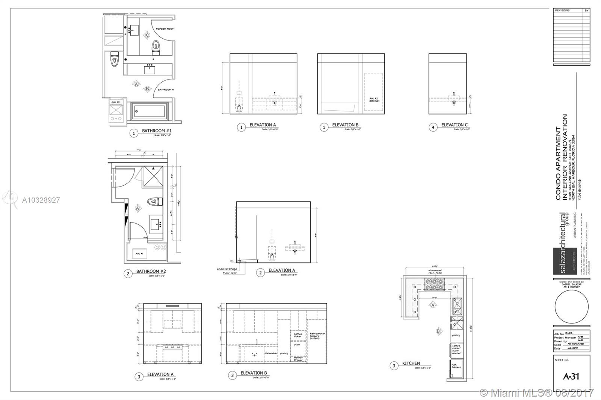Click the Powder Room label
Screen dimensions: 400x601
pyautogui.click(x=165, y=29)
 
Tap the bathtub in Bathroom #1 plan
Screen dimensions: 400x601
pyautogui.click(x=149, y=111)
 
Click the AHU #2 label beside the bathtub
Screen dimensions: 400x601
pyautogui.click(x=115, y=102)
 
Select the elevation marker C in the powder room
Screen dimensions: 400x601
pyautogui.click(x=148, y=35)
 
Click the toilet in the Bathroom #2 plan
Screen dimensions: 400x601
pyautogui.click(x=154, y=202)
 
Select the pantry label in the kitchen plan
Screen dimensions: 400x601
pyautogui.click(x=456, y=335)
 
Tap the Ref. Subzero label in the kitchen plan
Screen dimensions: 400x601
pyautogui.click(x=456, y=366)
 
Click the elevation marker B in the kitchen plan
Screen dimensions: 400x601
pyautogui.click(x=438, y=331)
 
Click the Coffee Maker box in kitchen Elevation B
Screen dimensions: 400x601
pyautogui.click(x=297, y=335)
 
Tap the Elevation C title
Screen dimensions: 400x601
pyautogui.click(x=455, y=125)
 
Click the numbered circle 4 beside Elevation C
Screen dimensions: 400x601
pyautogui.click(x=433, y=128)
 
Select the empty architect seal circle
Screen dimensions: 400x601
pyautogui.click(x=571, y=305)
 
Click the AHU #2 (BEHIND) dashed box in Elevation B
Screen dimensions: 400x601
pyautogui.click(x=373, y=92)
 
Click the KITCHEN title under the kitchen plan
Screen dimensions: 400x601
pyautogui.click(x=411, y=363)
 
